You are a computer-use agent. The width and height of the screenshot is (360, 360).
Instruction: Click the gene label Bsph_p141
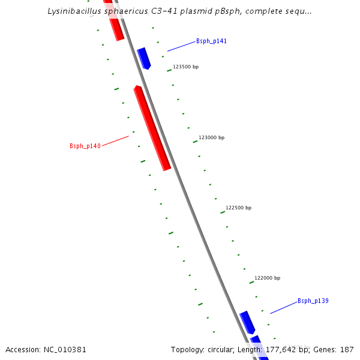point(211,41)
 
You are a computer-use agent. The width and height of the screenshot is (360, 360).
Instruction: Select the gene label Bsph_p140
point(85,146)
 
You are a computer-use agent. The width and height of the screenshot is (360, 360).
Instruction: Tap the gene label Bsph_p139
point(313,301)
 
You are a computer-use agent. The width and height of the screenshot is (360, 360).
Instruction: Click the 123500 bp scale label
point(185,67)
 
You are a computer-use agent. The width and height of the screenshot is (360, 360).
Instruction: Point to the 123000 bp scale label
point(211,137)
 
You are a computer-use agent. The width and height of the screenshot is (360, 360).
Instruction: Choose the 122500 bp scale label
point(238,208)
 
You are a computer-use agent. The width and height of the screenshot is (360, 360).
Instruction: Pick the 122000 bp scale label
point(267,278)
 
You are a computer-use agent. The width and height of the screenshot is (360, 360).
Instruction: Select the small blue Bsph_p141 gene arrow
point(144,58)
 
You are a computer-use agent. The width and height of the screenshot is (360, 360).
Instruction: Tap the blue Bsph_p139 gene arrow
point(247,322)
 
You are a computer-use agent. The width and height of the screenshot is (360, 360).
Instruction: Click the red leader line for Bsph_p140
point(115,141)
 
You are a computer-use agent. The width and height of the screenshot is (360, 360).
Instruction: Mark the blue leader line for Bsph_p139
point(283,307)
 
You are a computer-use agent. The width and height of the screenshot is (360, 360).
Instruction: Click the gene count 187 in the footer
point(347,349)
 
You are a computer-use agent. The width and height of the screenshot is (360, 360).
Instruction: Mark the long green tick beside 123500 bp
point(169,71)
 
